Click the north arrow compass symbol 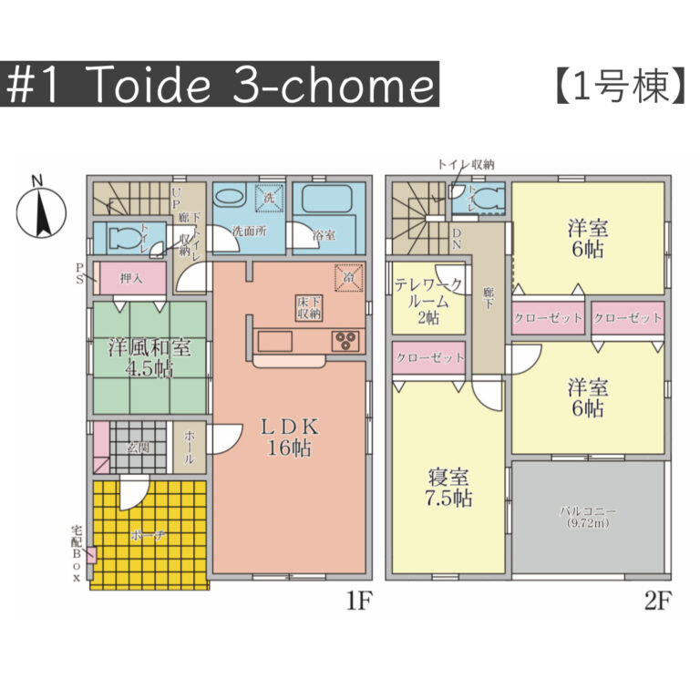click(x=38, y=213)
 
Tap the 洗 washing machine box click(x=270, y=196)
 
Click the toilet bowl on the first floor click(x=123, y=239)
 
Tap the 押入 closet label click(x=130, y=277)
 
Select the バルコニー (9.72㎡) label click(x=587, y=517)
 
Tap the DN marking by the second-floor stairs click(x=457, y=239)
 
